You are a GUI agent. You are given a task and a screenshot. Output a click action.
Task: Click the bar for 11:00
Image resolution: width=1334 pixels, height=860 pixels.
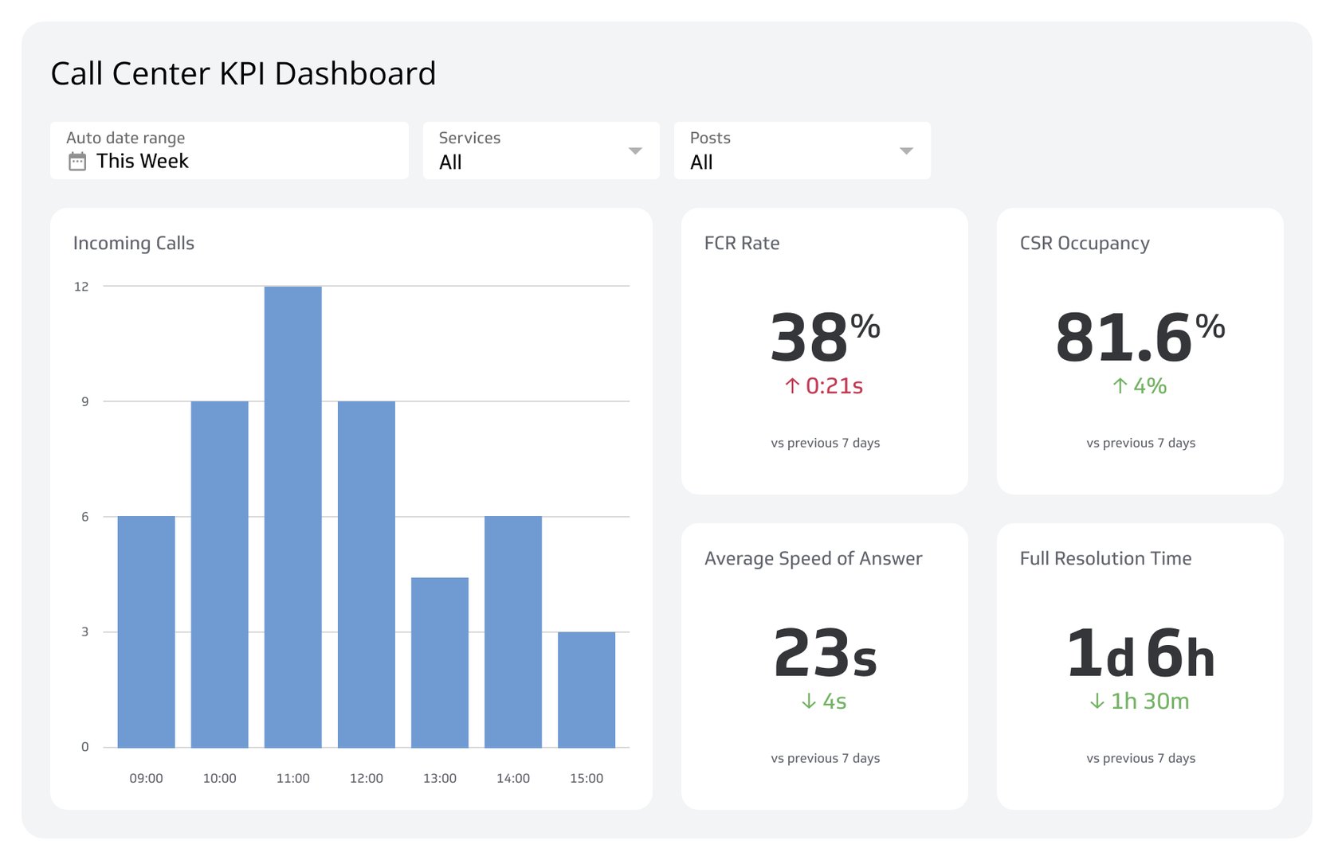pyautogui.click(x=292, y=518)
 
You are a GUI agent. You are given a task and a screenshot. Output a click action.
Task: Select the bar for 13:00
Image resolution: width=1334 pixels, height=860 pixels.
pyautogui.click(x=439, y=663)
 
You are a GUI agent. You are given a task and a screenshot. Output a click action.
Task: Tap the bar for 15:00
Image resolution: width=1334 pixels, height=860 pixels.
pyautogui.click(x=586, y=690)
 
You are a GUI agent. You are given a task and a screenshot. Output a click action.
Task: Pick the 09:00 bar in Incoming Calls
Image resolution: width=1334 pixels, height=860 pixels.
pyautogui.click(x=146, y=631)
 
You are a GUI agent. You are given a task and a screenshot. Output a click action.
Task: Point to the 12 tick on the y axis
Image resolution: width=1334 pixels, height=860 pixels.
pyautogui.click(x=81, y=287)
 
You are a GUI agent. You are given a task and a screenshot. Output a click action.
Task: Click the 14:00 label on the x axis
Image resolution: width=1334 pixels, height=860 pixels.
pyautogui.click(x=512, y=778)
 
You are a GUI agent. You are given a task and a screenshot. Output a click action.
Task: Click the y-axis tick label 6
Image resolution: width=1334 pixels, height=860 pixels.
pyautogui.click(x=84, y=517)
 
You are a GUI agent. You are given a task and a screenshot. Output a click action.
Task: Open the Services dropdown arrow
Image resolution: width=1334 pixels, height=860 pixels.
pyautogui.click(x=635, y=150)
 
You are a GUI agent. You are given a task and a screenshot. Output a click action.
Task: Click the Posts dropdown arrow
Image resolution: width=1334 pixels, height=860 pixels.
pyautogui.click(x=906, y=150)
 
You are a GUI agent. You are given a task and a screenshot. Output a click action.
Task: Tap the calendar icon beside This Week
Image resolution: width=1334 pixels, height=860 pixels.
pyautogui.click(x=77, y=162)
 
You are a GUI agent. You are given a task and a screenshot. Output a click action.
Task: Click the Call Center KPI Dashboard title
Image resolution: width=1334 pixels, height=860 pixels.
pyautogui.click(x=243, y=73)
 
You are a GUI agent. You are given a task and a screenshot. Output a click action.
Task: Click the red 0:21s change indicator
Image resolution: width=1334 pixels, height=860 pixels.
pyautogui.click(x=824, y=386)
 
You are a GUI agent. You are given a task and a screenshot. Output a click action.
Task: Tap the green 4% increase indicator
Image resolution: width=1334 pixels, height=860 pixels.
pyautogui.click(x=1140, y=386)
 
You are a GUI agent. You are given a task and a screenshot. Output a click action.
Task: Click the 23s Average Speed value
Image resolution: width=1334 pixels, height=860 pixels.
pyautogui.click(x=825, y=653)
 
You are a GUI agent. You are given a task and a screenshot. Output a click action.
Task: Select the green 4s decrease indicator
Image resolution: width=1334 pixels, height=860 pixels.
pyautogui.click(x=824, y=702)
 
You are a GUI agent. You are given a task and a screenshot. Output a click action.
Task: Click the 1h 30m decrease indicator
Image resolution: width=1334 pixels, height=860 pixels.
pyautogui.click(x=1140, y=702)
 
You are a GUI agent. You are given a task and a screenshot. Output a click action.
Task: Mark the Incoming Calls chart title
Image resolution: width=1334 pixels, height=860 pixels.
pyautogui.click(x=134, y=244)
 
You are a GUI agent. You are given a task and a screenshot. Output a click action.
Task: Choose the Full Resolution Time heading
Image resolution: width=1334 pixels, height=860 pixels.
pyautogui.click(x=1105, y=558)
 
